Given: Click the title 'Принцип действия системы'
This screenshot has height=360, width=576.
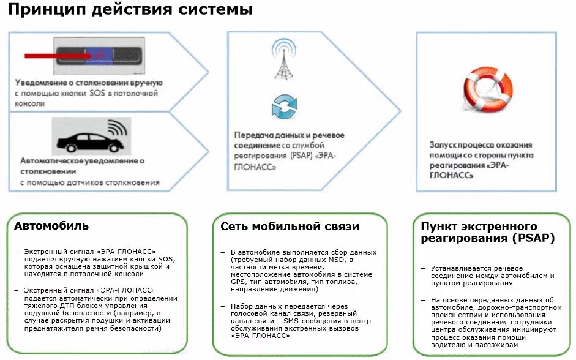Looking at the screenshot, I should [130, 10].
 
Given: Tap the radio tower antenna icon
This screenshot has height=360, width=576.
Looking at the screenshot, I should [282, 61].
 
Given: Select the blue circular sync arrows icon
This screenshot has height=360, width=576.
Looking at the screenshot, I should [283, 106].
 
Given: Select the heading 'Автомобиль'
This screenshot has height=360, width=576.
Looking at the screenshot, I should [51, 226].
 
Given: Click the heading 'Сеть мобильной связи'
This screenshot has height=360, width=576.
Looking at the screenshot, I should [290, 227].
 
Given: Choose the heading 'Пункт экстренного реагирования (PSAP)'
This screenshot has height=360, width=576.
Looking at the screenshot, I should [487, 233].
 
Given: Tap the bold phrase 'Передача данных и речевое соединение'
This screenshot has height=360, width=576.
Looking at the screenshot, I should [288, 140].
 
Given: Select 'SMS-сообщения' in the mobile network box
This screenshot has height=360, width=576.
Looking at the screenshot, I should [291, 320].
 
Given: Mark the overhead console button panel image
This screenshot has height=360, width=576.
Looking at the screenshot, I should [100, 56].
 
